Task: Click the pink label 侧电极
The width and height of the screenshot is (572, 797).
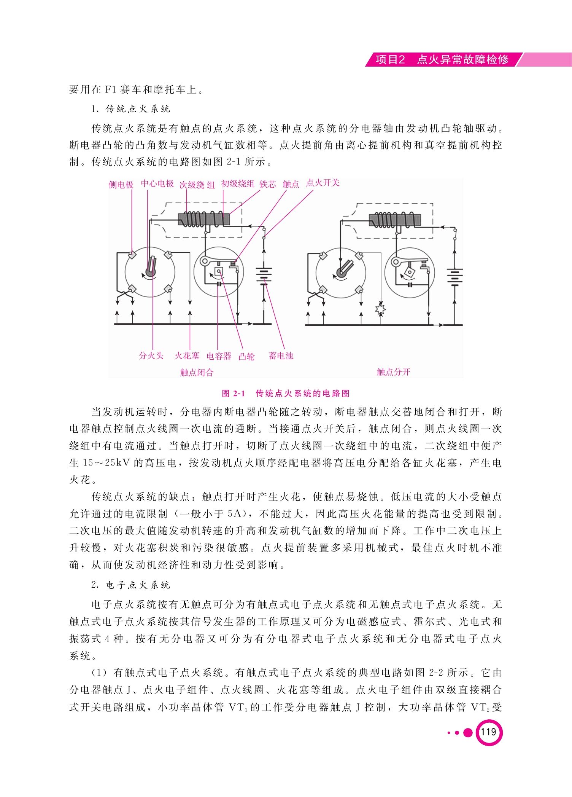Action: (121, 185)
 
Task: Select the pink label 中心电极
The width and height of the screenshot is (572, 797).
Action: (157, 183)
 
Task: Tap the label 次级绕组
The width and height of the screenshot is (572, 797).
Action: (197, 185)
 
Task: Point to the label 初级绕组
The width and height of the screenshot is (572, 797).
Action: (238, 184)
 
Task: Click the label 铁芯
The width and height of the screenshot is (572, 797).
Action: (268, 184)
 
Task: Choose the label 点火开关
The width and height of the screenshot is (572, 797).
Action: (323, 183)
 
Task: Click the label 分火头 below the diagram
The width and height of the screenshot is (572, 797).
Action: (151, 355)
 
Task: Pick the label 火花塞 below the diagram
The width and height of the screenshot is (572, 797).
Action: (187, 355)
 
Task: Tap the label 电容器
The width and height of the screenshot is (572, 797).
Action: (219, 356)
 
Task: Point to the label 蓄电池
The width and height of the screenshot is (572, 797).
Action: (281, 355)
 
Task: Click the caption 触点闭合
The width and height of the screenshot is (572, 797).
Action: (197, 372)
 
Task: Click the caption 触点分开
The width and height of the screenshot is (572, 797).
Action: (394, 372)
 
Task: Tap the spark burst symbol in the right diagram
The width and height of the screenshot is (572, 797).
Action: (380, 309)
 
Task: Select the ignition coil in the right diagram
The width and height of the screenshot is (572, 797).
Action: (395, 220)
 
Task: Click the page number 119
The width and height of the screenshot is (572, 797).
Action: (488, 732)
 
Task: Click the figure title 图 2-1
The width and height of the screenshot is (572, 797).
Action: (234, 393)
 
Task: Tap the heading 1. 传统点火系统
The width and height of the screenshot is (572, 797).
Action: (130, 109)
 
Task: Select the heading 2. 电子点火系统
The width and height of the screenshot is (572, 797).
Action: (130, 585)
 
